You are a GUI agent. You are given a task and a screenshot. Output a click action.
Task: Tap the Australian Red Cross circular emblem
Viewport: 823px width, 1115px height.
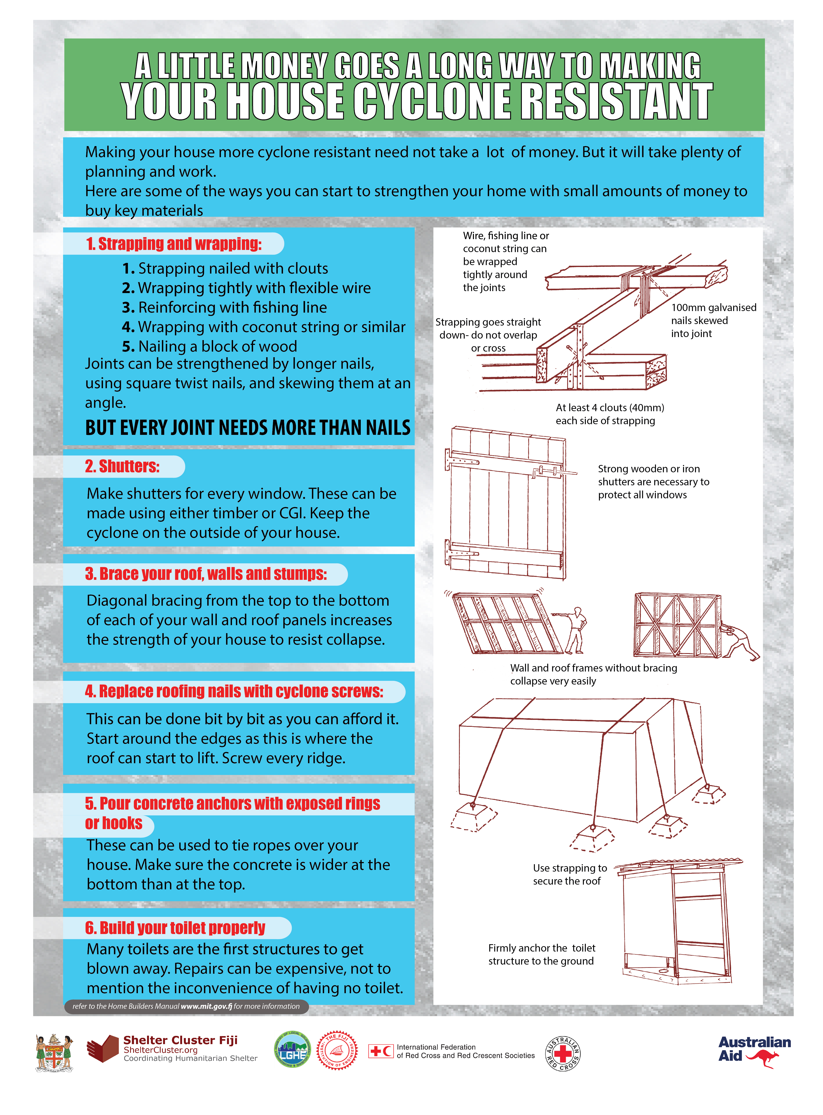563,1054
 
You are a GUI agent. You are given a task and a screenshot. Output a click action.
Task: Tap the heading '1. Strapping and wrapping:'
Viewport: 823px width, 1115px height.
174,243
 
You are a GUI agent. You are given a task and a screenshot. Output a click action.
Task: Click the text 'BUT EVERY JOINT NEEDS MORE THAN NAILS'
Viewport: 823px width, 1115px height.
248,428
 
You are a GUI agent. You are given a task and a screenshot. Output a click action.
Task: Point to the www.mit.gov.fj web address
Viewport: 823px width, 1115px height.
206,1006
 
